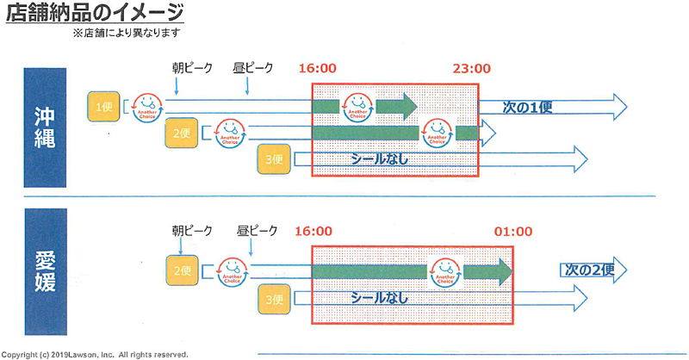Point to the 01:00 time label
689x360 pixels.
click(x=513, y=232)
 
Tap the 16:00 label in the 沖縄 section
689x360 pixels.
click(x=317, y=69)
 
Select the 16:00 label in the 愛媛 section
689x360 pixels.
click(x=313, y=232)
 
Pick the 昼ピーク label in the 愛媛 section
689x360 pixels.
click(x=258, y=231)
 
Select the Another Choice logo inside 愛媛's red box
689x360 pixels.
click(x=445, y=270)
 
